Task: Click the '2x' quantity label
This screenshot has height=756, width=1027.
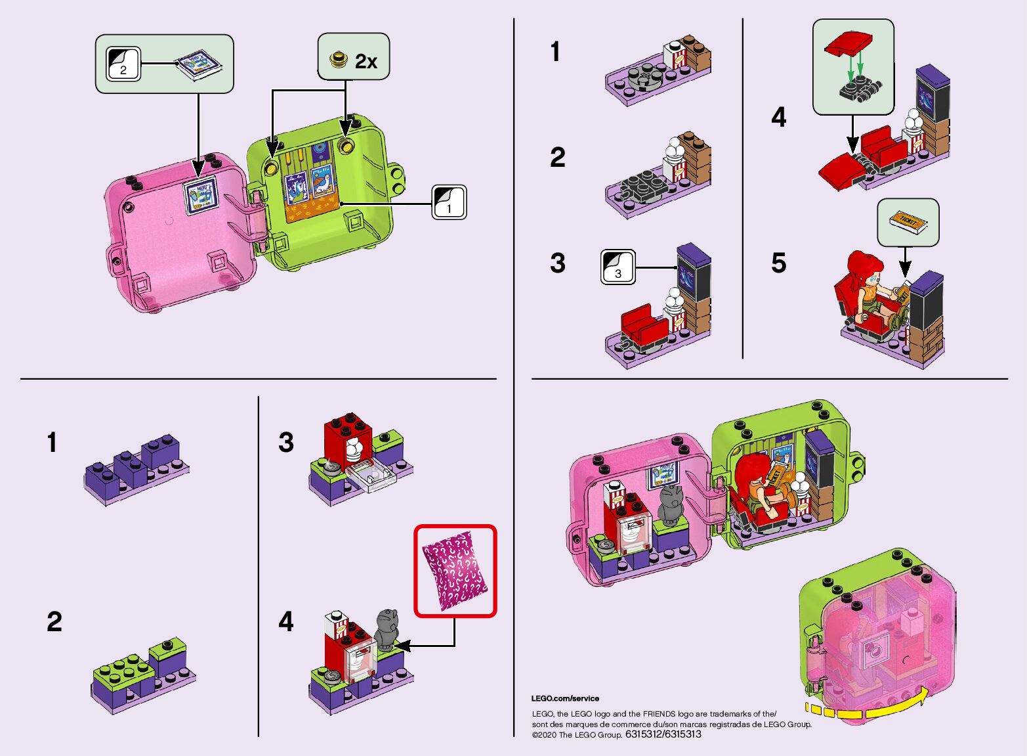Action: coord(366,61)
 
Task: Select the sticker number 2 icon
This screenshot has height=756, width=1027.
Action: coord(123,64)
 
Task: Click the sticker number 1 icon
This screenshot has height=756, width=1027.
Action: coord(449,202)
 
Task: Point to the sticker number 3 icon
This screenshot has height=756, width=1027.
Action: coord(618,267)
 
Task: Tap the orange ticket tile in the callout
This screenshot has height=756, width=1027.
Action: coord(909,222)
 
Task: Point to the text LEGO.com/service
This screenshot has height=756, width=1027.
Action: coord(565,698)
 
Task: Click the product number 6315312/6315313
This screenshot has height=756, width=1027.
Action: coord(663,734)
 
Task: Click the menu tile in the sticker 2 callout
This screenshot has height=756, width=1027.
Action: coord(198,65)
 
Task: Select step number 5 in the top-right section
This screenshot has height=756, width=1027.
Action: coord(778,263)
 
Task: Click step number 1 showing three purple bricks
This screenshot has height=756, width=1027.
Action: coord(51,443)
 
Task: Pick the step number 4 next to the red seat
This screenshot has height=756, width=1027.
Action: coord(778,118)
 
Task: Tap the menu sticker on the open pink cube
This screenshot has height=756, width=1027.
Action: coord(199,194)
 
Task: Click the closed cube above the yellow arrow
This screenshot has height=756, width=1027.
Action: coord(876,634)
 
